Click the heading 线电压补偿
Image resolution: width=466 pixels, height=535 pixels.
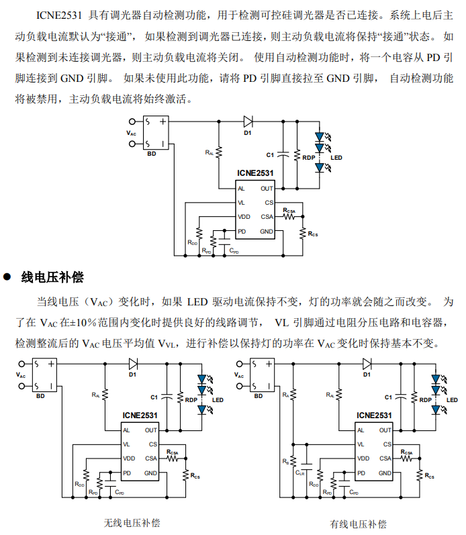52,277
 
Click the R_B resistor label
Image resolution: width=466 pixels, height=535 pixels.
286,461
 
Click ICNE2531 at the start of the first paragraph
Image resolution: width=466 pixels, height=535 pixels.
60,15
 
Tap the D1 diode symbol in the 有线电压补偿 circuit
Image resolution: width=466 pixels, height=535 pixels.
367,364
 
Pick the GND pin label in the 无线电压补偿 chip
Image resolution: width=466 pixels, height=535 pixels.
151,473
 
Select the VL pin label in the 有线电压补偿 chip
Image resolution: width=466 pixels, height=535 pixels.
361,444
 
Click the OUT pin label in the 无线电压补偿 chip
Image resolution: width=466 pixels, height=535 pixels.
150,430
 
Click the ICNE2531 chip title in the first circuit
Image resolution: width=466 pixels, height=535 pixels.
255,173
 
